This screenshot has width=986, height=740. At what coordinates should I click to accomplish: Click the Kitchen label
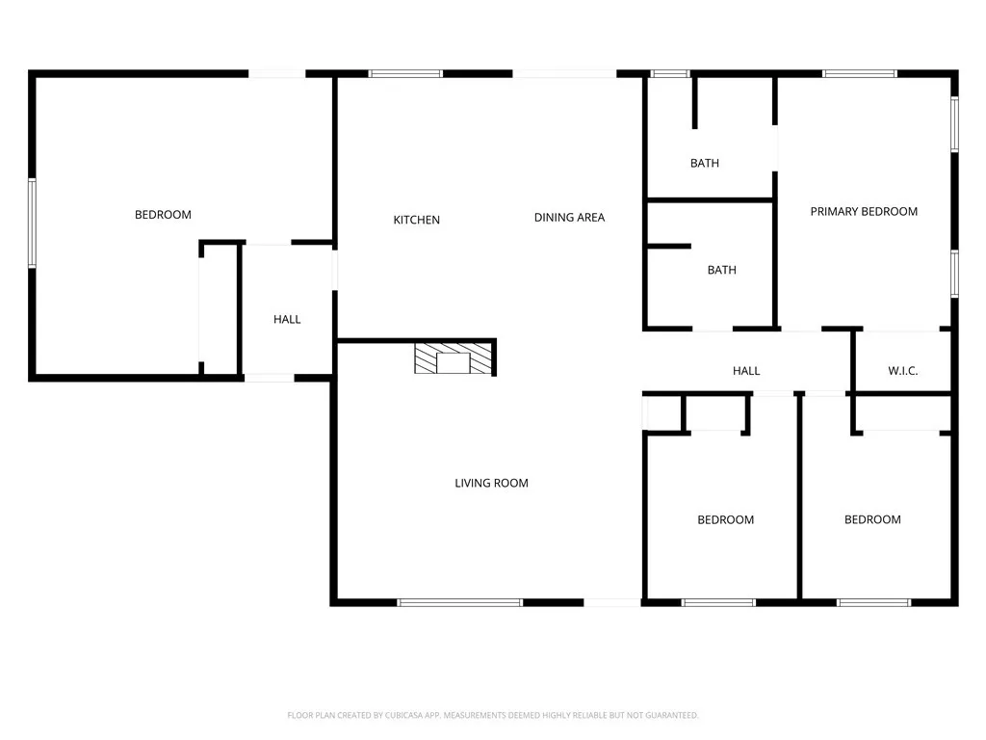point(416,220)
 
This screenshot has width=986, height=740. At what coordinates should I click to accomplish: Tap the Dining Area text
point(569,218)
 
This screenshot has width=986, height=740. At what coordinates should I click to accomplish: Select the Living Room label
point(491,483)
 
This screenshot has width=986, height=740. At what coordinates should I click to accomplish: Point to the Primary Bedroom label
point(864,211)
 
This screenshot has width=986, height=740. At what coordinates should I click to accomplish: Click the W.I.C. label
point(902,371)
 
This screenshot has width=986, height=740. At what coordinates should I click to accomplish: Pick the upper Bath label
point(704,163)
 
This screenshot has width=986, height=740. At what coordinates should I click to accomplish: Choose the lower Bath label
point(721,270)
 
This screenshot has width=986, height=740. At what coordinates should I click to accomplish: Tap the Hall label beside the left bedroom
point(287,319)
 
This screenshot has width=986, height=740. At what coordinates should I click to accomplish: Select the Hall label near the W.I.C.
point(746,370)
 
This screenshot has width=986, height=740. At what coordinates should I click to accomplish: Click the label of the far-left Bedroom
point(163,215)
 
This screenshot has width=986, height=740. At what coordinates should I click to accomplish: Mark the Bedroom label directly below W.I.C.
point(872,519)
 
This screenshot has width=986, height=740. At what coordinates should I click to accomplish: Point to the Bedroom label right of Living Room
point(725,519)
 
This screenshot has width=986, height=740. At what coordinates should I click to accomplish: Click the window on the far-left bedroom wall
point(32,223)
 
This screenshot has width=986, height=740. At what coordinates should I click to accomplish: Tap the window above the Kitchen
point(405,73)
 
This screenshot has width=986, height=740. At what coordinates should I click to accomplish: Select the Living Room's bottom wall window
point(459,603)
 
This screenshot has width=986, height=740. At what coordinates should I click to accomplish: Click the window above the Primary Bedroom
point(859,73)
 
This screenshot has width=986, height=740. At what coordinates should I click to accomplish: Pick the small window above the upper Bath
point(670,73)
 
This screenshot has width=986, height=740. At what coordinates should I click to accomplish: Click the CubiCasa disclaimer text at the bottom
point(492,715)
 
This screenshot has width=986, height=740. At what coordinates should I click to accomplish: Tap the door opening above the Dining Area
point(564,73)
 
